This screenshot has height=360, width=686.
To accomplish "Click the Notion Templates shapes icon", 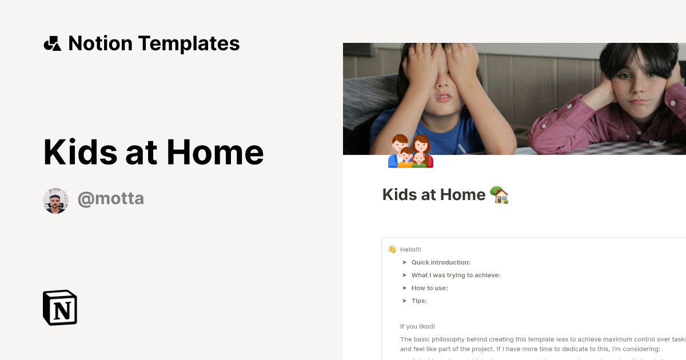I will [x=52, y=43].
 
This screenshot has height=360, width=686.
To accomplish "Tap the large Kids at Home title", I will [x=153, y=152].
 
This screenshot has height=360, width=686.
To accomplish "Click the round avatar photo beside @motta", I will [x=56, y=201].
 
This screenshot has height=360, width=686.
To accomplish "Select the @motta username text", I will [x=110, y=199].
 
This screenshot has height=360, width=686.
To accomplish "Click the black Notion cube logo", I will [x=60, y=307].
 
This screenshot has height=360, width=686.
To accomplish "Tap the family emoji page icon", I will [x=410, y=151].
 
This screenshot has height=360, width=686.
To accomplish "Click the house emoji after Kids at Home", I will [x=500, y=195].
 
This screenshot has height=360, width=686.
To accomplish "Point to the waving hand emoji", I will [x=392, y=249].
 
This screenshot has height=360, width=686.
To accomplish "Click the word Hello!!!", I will [x=410, y=250].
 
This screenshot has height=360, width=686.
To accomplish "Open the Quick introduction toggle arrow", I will [x=405, y=262].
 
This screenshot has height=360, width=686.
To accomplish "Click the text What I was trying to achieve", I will [x=456, y=275].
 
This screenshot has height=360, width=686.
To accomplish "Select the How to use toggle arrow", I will [x=405, y=288].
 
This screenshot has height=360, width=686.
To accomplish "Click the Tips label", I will [x=419, y=301].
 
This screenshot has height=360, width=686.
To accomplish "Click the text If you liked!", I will [x=417, y=327].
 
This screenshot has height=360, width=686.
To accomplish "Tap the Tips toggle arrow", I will [x=405, y=301].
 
